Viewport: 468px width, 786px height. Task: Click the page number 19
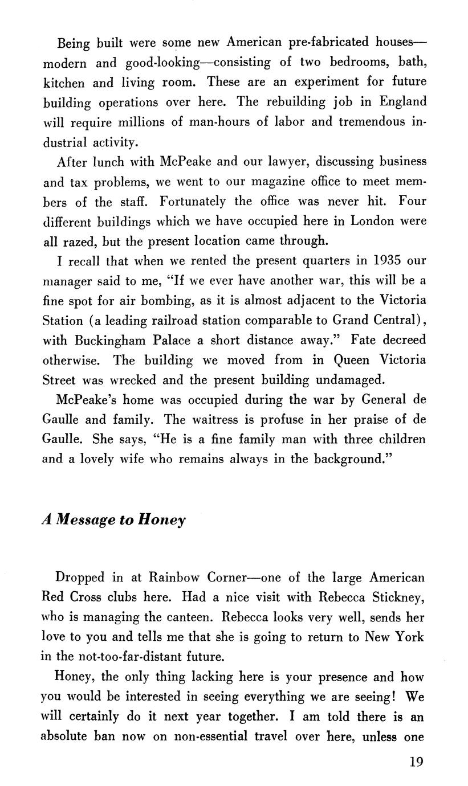pyautogui.click(x=416, y=762)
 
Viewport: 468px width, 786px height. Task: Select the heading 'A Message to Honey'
pyautogui.click(x=114, y=521)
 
